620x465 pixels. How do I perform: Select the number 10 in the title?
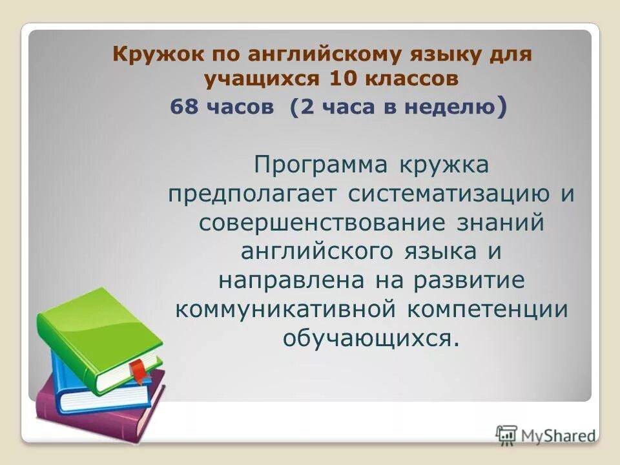point(344,79)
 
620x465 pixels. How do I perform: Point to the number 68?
point(184,107)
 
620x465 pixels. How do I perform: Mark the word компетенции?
point(488,309)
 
